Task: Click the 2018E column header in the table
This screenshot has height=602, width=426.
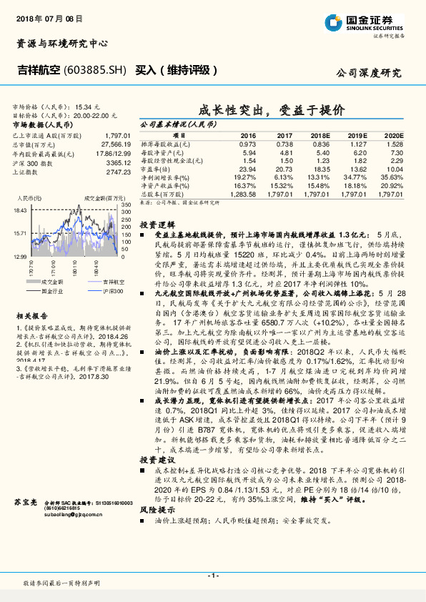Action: tap(322, 135)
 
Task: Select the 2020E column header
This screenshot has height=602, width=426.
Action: tap(394, 135)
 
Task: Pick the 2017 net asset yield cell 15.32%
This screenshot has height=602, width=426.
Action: tap(284, 185)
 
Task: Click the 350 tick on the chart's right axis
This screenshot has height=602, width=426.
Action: tap(123, 204)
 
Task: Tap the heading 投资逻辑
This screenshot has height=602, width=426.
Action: tap(154, 224)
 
